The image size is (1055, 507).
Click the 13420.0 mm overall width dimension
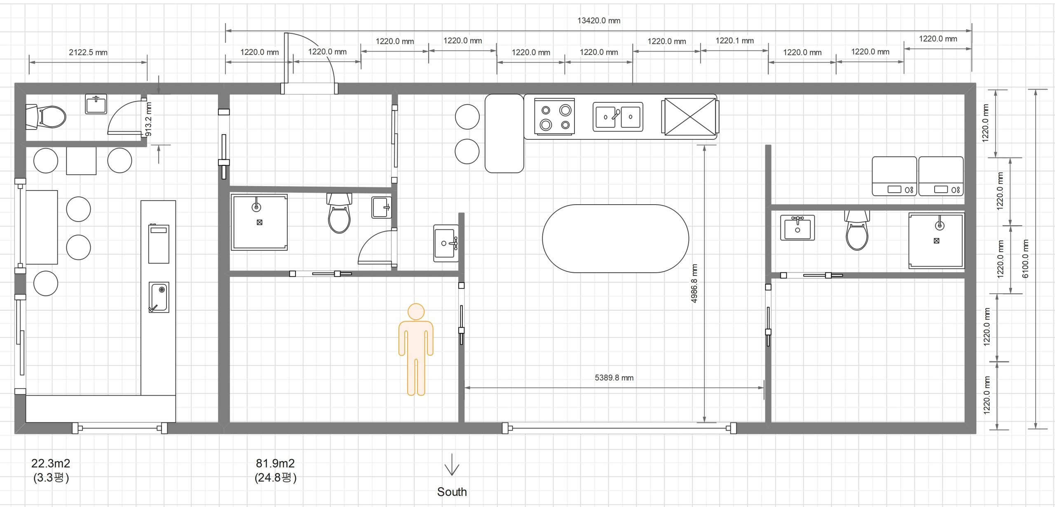pos(598,21)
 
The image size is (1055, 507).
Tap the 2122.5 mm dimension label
pos(88,52)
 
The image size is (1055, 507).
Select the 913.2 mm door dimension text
pos(149,119)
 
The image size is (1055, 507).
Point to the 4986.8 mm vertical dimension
pos(694,283)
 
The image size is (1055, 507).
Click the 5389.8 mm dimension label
pos(614,377)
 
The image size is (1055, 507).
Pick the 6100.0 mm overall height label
pos(1025,259)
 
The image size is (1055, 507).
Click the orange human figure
pos(416,349)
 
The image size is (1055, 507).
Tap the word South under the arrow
pos(452,492)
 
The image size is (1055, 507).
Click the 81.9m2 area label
pos(275,463)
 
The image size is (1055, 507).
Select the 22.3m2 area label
pos(51,463)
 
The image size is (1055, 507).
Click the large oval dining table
pos(615,238)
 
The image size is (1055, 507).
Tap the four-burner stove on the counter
pos(555,116)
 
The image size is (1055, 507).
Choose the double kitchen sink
pos(618,117)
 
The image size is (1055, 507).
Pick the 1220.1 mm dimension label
pos(734,41)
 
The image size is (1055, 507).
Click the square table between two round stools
pos(81,161)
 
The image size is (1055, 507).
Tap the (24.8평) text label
pos(275,478)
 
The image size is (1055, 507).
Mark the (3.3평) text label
pos(51,478)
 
